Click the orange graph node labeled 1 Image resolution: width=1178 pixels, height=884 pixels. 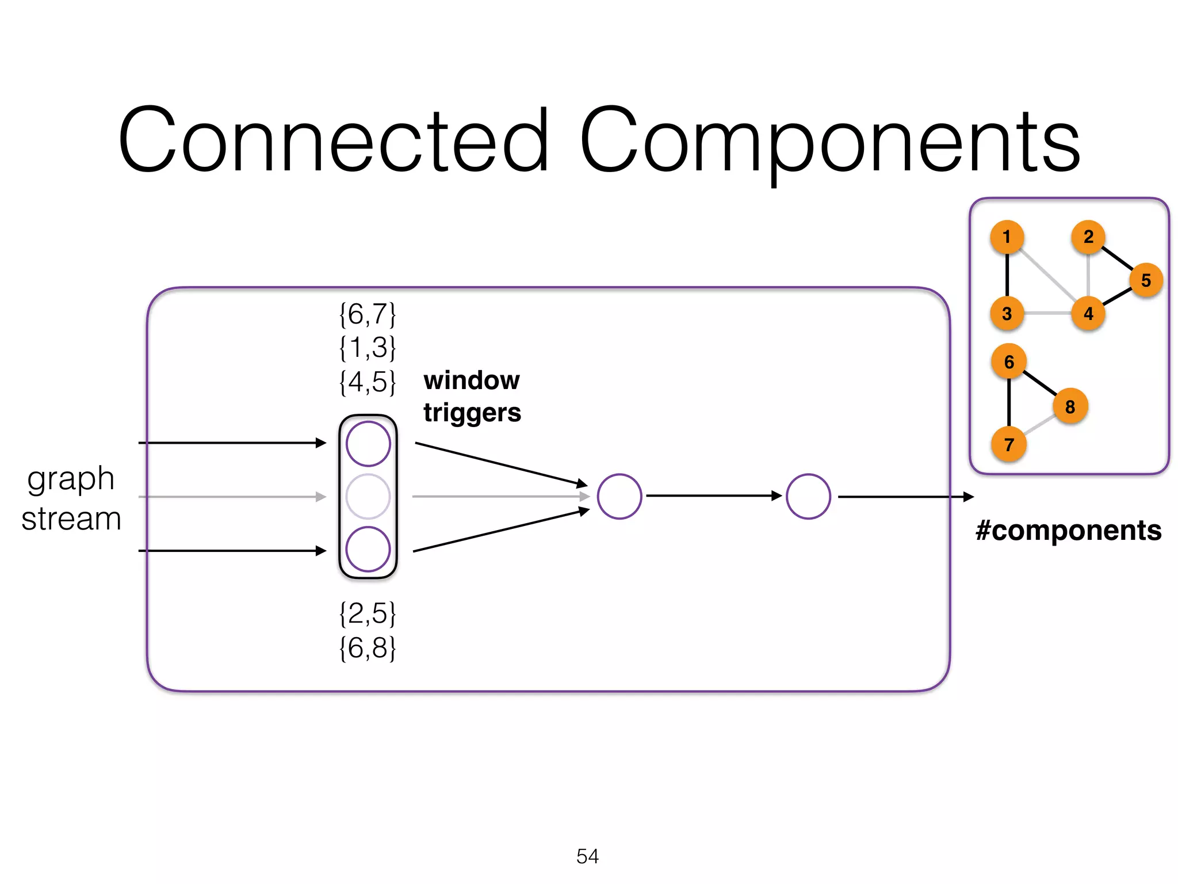1007,237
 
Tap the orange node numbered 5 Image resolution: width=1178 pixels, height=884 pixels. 1146,280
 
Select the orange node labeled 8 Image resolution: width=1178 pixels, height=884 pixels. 1070,406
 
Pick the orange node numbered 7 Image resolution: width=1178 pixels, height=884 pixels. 1009,444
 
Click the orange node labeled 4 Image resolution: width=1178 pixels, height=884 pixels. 1088,314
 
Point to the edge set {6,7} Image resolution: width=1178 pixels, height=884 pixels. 368,315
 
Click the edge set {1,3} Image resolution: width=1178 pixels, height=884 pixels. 368,348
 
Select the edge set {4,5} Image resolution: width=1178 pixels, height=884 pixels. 368,382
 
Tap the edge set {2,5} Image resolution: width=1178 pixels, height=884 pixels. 368,614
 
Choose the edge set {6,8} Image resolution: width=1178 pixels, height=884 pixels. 368,648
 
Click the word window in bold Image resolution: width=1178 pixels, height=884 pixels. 471,380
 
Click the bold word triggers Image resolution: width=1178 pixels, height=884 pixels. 472,413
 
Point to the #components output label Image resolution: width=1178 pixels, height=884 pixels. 1068,530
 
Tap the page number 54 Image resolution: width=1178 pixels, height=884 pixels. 587,856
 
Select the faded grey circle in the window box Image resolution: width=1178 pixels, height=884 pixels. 368,496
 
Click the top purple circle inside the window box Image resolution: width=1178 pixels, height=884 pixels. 368,444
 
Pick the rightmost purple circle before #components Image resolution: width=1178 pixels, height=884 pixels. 808,496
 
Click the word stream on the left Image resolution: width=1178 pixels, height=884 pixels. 71,519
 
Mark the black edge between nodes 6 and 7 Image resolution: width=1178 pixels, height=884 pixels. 1009,402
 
